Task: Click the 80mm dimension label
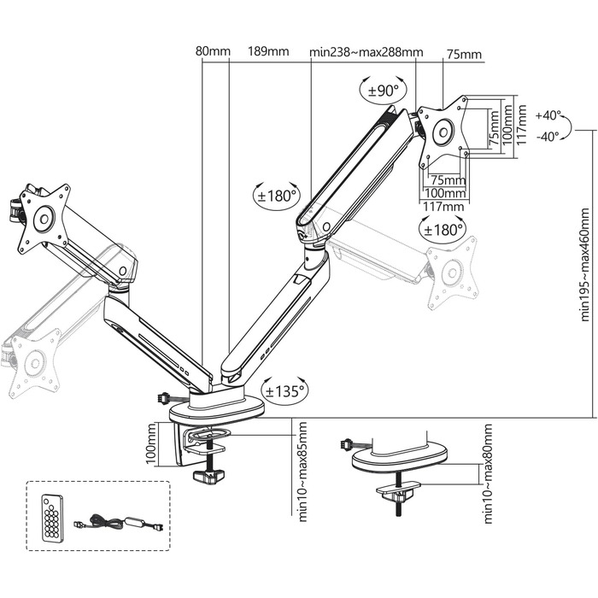(x=214, y=52)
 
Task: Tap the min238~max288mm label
(x=366, y=52)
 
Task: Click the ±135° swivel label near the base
(x=285, y=391)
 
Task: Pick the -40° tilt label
(x=548, y=135)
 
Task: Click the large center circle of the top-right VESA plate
(x=443, y=132)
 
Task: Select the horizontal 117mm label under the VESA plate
(x=443, y=206)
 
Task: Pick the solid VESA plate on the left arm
(x=43, y=218)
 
